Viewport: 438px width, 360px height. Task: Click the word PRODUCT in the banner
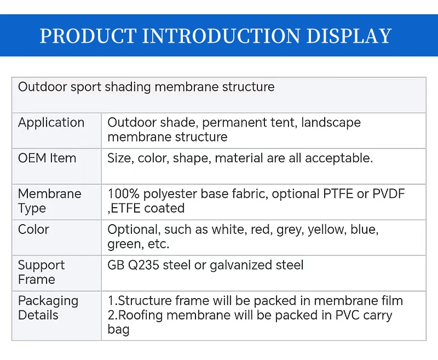tap(88, 36)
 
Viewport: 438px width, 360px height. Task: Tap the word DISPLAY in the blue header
tap(349, 36)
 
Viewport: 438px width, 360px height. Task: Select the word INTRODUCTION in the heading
tap(221, 36)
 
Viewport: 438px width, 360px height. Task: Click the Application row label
tap(51, 123)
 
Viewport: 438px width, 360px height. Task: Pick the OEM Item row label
tap(47, 158)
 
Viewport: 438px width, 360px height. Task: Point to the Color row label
tap(33, 230)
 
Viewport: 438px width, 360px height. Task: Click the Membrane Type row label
tap(49, 201)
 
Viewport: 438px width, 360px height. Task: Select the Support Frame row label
tap(42, 272)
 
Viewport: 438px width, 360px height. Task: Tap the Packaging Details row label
tap(48, 308)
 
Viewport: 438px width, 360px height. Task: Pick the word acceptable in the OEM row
tap(339, 158)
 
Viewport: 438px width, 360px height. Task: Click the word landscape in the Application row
tap(331, 123)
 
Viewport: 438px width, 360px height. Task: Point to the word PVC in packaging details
tap(348, 315)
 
